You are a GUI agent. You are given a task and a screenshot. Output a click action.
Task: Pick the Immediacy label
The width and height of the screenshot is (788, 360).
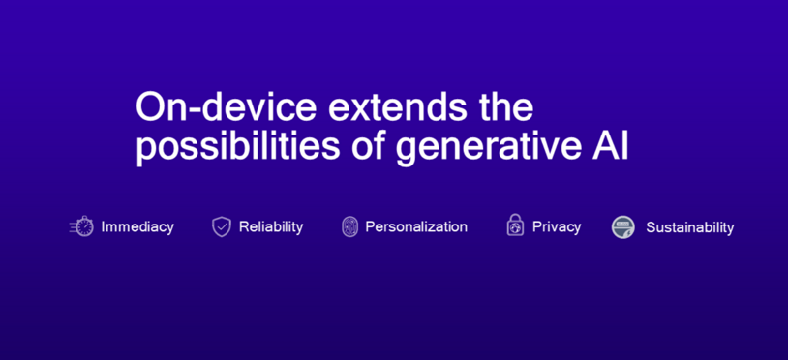coord(137,226)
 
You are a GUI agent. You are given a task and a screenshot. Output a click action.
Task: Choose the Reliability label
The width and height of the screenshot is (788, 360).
coord(271,226)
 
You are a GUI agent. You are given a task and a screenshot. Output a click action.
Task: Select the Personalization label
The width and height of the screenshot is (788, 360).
coord(416,226)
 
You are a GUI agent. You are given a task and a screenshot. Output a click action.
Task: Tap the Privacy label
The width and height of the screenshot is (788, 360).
coord(557,226)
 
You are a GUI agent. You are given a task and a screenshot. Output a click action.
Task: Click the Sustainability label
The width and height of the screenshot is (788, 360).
coord(689,227)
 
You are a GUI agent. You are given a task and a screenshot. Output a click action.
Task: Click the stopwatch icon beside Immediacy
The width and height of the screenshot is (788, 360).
coord(83,226)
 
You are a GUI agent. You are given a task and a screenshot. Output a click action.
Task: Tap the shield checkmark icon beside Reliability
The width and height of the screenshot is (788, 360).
coord(222,226)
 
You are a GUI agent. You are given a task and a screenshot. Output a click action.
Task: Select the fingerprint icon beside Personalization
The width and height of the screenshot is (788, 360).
coord(349,226)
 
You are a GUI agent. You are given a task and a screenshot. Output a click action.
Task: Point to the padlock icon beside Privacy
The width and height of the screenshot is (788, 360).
coord(515,225)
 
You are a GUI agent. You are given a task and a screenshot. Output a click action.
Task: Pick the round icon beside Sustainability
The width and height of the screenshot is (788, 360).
coord(623,227)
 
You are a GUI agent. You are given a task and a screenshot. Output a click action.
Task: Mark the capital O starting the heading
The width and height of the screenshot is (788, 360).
coord(148,106)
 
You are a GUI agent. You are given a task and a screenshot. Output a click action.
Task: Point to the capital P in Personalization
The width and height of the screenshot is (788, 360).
coord(370,226)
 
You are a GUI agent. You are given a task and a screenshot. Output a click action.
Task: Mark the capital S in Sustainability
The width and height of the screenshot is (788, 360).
coord(651,227)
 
